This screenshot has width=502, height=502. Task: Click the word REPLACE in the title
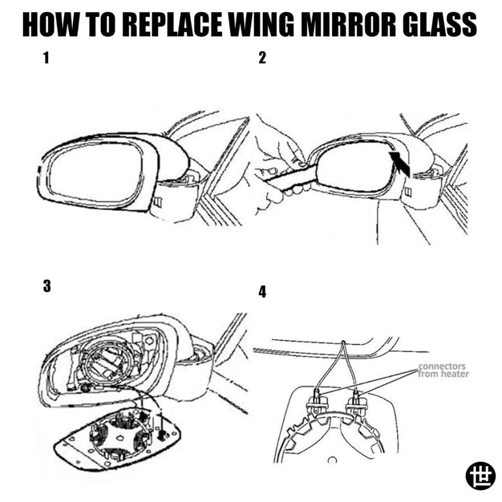point(172,25)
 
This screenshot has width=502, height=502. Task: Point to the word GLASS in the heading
point(440,25)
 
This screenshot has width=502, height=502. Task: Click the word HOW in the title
point(50,25)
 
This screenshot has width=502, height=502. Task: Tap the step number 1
point(46,58)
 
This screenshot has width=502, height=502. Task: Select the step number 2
point(262,58)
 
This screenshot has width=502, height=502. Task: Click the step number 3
point(47,286)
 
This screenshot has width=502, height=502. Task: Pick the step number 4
point(262,292)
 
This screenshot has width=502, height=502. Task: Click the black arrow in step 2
point(400,163)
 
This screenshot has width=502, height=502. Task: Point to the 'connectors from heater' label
point(443,370)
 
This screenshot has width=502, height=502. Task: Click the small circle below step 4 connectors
point(332,460)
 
